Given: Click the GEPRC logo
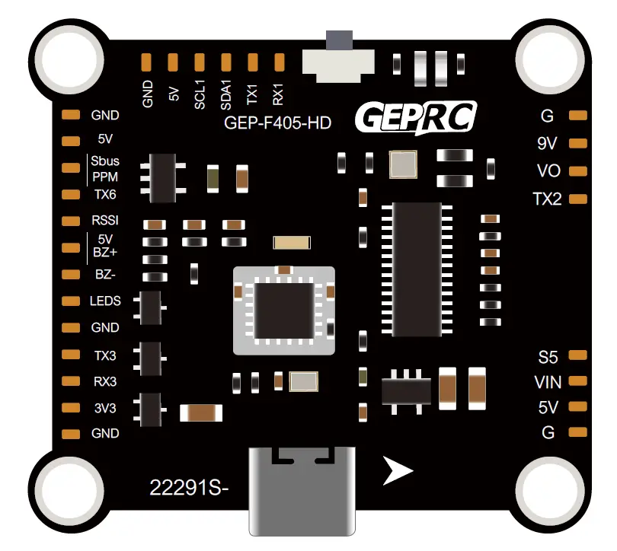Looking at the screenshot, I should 416,118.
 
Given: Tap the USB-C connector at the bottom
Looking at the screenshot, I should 302,490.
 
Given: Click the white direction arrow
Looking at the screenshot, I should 397,471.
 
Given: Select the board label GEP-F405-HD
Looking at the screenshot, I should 278,122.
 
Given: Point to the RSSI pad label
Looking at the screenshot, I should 105,221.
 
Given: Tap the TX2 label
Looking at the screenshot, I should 547,199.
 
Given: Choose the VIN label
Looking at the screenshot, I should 548,381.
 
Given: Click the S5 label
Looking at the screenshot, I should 548,356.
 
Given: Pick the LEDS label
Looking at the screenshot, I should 105,301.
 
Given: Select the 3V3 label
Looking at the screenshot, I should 105,407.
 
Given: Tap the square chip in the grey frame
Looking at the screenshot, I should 284,311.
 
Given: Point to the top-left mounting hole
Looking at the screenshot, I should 63,59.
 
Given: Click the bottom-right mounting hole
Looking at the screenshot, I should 554,490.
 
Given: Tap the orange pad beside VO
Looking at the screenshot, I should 578,171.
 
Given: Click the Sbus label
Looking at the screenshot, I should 105,161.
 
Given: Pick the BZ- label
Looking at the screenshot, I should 105,274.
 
